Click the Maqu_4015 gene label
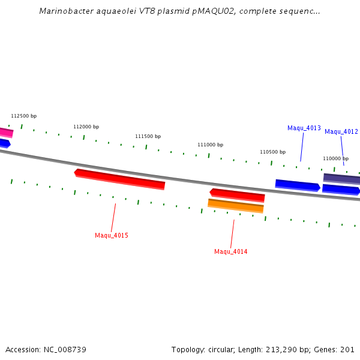coord(112,235)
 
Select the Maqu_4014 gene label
coord(231,251)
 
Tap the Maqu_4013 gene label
coord(304,128)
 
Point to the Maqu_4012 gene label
coord(341,131)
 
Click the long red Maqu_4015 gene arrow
coord(120,179)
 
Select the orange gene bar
coord(236,206)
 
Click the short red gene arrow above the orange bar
coord(238,194)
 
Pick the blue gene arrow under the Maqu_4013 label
coord(298,185)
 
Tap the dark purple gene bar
coord(341,178)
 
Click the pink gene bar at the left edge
coord(6,132)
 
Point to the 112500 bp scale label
coord(24,116)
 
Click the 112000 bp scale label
coord(86,127)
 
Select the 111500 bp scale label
coord(148,136)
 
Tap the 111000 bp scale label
coord(211,145)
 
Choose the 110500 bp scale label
coord(273,152)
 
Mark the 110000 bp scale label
coord(335,158)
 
